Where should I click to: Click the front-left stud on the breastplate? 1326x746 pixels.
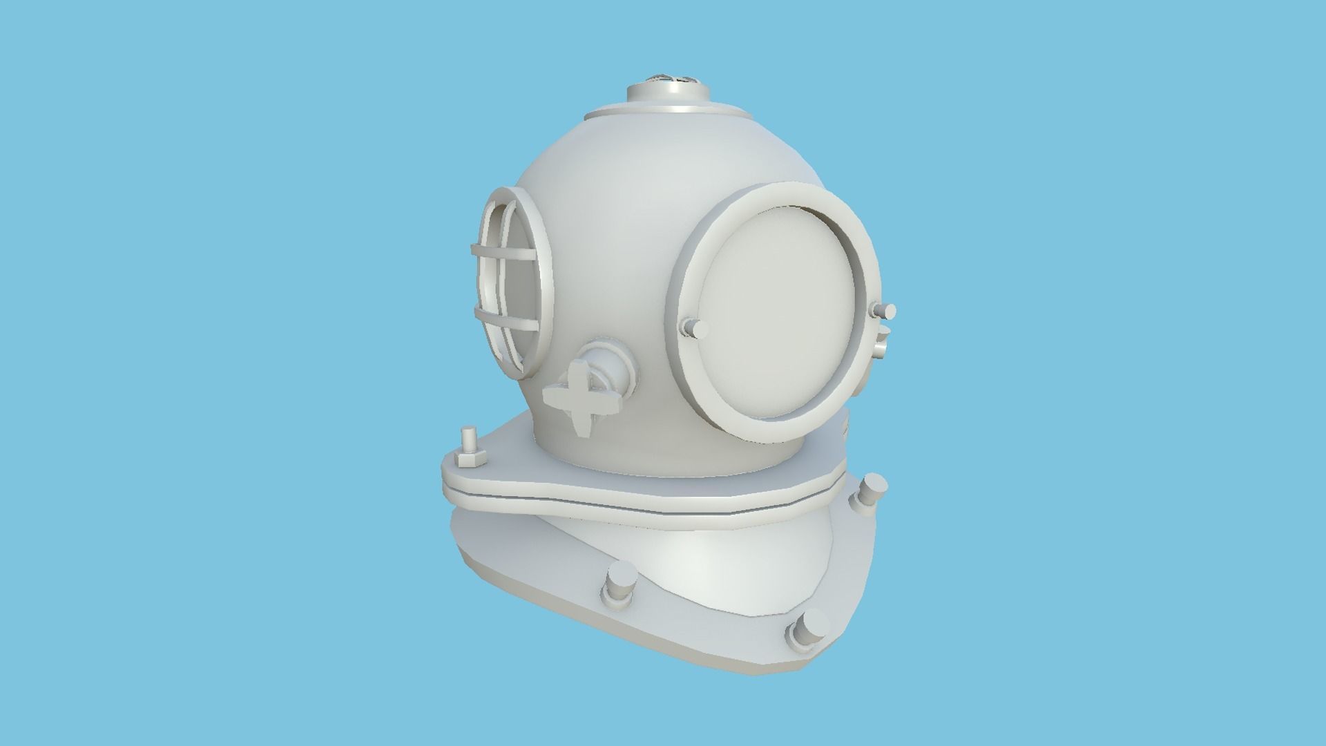619,584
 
